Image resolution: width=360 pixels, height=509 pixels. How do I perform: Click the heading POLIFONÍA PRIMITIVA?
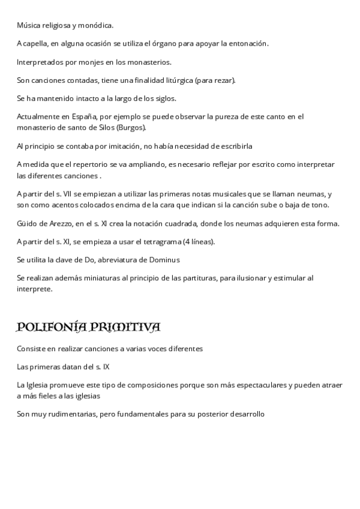[x=88, y=327]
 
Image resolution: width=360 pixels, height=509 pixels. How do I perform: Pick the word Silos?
[x=109, y=128]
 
